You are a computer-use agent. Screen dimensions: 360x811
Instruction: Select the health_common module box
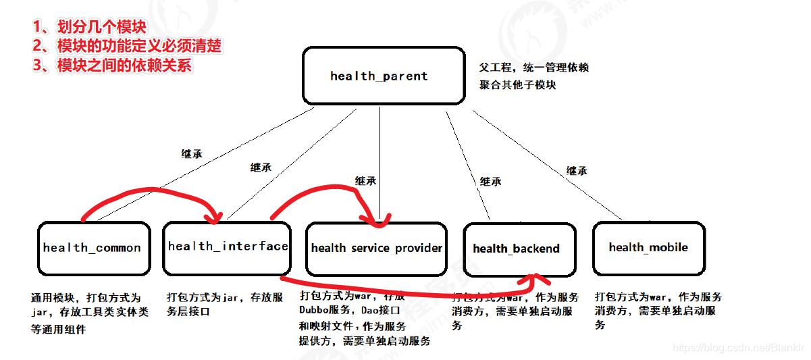tap(93, 248)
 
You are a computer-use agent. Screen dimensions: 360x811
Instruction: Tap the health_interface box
tap(226, 247)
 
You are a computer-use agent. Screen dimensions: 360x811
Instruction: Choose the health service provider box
tap(376, 248)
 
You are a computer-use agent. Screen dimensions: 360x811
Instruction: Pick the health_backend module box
tap(516, 249)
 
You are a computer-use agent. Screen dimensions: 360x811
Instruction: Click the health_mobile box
tap(648, 247)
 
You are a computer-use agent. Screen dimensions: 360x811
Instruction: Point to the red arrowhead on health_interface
tap(215, 217)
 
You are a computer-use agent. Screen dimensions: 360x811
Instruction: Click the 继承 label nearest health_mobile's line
tap(577, 171)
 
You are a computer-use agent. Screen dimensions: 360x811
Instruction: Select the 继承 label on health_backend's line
tap(490, 181)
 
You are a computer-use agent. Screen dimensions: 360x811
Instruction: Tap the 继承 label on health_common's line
tap(192, 154)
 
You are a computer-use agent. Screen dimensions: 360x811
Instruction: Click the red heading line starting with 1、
tap(89, 27)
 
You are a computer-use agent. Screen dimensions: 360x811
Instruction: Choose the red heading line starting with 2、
tap(127, 46)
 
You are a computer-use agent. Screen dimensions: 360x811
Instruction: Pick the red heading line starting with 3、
tap(112, 65)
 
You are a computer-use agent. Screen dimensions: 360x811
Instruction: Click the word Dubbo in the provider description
tap(316, 309)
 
